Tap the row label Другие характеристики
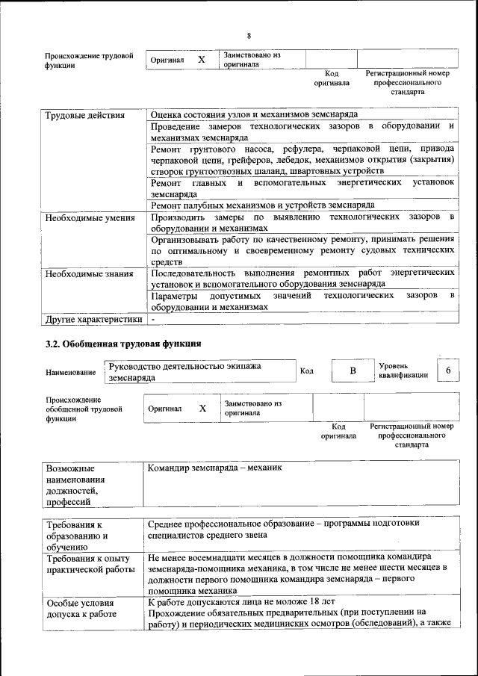93,320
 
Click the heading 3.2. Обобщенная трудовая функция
123,344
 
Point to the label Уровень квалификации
403,371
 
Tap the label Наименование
70,373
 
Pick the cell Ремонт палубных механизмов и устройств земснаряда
262,205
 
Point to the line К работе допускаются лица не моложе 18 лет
242,601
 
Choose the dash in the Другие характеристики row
153,320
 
